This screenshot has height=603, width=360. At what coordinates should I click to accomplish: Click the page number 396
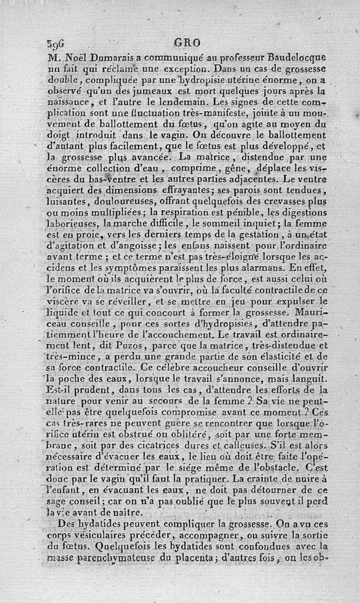[56, 44]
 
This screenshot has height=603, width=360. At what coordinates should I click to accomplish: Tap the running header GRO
[186, 44]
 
